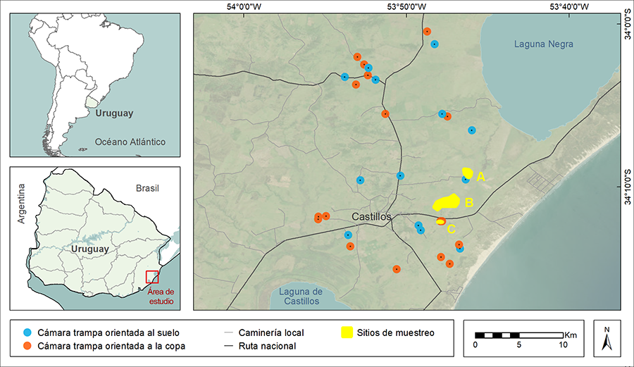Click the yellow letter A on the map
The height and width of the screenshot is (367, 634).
(x=481, y=177)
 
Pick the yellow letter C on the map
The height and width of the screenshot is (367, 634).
(x=452, y=228)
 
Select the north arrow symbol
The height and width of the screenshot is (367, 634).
(x=607, y=340)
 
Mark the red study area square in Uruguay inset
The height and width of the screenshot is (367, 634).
(x=152, y=277)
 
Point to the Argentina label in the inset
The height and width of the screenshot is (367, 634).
(x=21, y=204)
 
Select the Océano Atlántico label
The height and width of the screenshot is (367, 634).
(x=130, y=142)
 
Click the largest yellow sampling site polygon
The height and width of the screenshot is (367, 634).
(x=446, y=203)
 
